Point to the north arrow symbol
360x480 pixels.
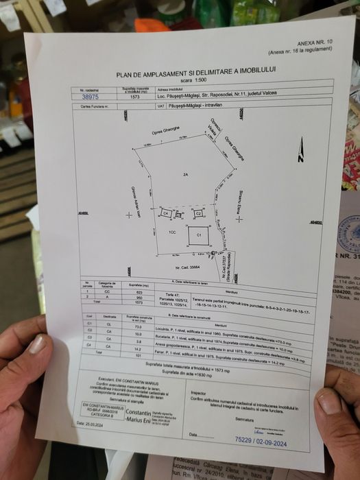[x=300, y=150]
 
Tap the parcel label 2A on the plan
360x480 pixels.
[x=185, y=176]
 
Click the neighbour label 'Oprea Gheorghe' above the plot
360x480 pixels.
[x=165, y=130]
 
